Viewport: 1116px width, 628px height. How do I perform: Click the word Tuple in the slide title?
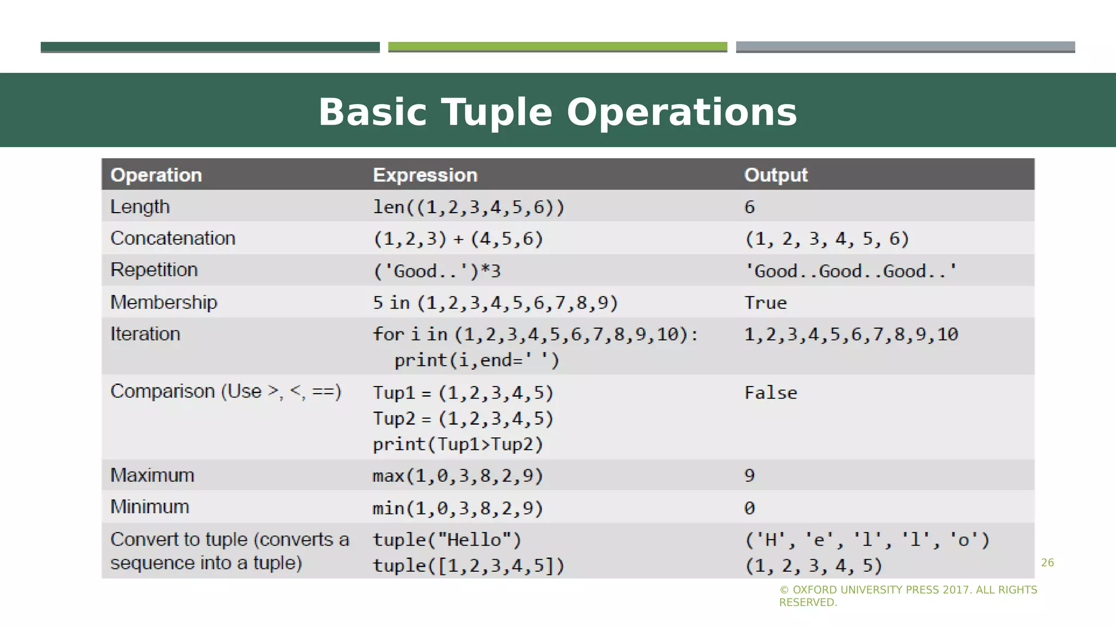496,113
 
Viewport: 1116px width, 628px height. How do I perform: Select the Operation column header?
156,175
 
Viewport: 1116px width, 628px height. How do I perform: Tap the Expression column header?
425,175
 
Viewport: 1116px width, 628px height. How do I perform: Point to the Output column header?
775,175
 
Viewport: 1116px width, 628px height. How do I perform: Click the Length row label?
140,207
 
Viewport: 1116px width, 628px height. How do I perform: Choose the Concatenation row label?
173,238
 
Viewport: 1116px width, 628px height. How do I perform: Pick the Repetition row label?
154,270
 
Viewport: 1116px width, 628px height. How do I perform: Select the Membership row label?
163,302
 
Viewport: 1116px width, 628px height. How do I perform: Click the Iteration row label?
145,334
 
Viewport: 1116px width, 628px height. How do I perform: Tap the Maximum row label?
152,475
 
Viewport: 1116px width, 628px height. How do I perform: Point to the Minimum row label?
150,507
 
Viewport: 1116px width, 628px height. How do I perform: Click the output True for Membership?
766,303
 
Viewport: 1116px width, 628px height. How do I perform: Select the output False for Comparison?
771,393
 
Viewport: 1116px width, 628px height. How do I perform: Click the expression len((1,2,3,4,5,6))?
469,207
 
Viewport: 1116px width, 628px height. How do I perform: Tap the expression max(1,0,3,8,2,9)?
458,476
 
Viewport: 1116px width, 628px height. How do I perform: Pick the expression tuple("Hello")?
447,540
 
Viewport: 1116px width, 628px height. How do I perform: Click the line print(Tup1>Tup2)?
458,444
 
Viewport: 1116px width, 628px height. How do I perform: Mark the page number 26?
1047,563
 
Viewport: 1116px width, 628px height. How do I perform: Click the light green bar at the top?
557,47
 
